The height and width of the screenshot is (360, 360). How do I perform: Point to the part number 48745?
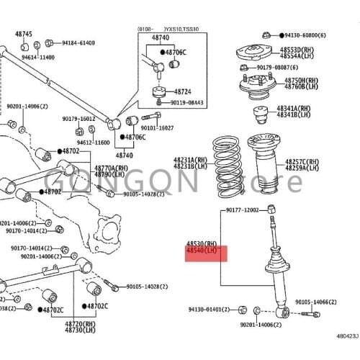point(24,34)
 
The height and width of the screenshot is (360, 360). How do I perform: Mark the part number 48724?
point(182,92)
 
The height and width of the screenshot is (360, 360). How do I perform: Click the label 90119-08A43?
point(187,103)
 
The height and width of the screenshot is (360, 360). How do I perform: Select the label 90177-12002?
point(242,210)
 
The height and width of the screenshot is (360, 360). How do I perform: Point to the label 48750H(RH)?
point(300,81)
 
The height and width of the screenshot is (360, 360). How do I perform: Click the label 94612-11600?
point(93,143)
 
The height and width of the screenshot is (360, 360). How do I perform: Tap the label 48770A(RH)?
point(112,168)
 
